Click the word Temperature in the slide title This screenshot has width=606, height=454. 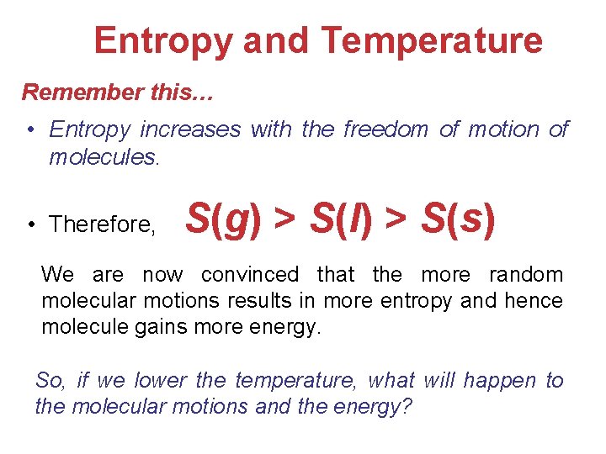(x=432, y=40)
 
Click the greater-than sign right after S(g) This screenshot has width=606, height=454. (x=285, y=220)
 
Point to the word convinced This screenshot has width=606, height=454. (x=249, y=274)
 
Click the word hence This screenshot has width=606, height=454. (x=538, y=300)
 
